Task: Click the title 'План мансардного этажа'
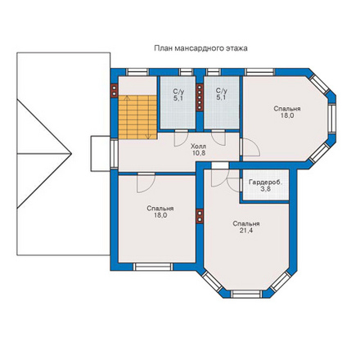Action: (x=200, y=48)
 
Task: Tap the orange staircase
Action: (x=137, y=117)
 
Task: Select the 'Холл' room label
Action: (x=199, y=146)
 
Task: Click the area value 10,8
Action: (x=199, y=153)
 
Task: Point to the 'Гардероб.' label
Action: (x=265, y=182)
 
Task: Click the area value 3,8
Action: (x=265, y=189)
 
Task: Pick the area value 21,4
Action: (x=245, y=231)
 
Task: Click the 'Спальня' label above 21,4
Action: (x=246, y=224)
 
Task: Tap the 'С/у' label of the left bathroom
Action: (x=178, y=91)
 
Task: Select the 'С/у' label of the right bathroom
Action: (x=221, y=91)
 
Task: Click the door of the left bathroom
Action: (x=181, y=138)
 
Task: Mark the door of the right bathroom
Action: (x=218, y=137)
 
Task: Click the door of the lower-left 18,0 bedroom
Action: (x=146, y=183)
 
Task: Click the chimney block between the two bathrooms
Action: (x=200, y=97)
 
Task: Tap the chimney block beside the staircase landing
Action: (x=115, y=90)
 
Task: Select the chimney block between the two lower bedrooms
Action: (x=200, y=216)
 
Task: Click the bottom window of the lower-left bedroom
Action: (x=153, y=267)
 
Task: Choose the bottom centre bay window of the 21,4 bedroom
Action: (x=246, y=294)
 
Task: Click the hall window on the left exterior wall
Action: (x=115, y=154)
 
